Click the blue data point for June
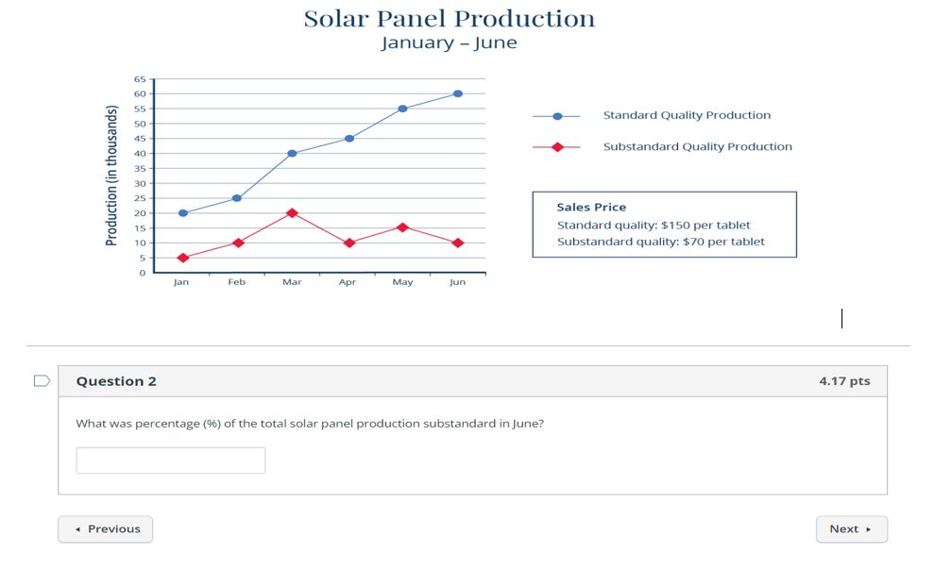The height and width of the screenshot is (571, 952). [458, 93]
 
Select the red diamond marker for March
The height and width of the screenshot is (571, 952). [292, 213]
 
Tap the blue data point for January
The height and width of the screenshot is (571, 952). [182, 213]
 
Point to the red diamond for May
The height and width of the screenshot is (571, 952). [402, 227]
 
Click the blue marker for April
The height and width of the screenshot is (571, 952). [349, 139]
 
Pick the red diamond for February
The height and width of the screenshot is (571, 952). [237, 243]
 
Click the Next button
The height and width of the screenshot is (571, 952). [851, 529]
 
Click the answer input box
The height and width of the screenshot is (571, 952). [171, 461]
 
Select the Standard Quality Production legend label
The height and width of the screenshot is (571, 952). [687, 115]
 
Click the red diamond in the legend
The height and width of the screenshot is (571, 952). [557, 147]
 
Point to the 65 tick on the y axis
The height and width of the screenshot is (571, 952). [140, 79]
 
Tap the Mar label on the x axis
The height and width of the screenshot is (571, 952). [292, 282]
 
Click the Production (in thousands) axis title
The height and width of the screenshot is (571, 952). [111, 176]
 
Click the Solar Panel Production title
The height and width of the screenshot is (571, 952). [450, 19]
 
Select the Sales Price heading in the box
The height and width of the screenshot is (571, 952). [591, 208]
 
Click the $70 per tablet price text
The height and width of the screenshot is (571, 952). [723, 242]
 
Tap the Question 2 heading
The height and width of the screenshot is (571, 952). [116, 381]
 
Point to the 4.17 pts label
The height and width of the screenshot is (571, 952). [844, 381]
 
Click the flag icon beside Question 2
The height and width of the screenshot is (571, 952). [42, 381]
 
